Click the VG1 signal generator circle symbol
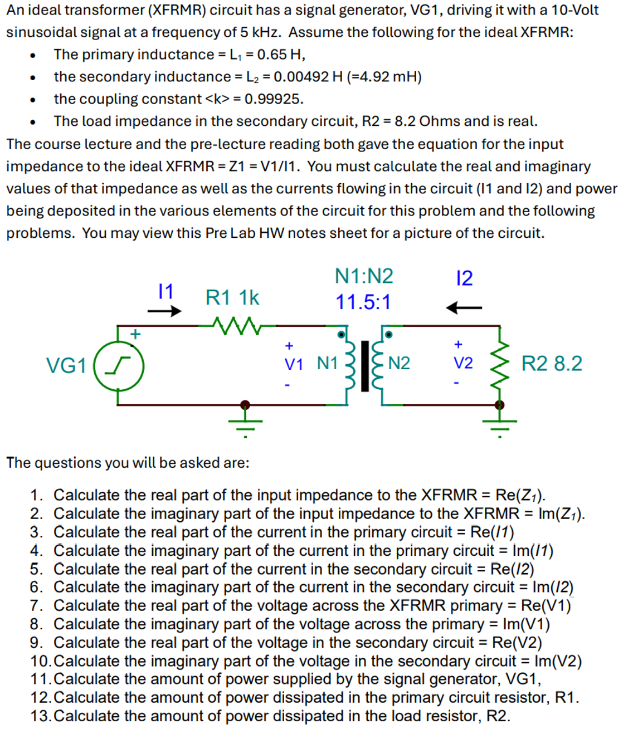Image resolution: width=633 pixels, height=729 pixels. click(119, 366)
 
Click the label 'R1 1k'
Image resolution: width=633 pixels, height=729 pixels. click(232, 298)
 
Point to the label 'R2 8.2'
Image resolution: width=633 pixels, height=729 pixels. click(552, 364)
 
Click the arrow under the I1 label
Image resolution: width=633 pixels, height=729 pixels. click(164, 311)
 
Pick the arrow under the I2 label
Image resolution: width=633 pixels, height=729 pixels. click(464, 307)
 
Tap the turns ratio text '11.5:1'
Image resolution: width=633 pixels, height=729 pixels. click(363, 302)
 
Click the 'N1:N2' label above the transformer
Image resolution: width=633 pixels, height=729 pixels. click(364, 276)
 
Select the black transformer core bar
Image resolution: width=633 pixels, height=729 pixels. click(365, 365)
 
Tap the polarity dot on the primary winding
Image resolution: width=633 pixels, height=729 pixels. click(341, 334)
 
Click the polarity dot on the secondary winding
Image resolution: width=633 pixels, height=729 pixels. click(388, 334)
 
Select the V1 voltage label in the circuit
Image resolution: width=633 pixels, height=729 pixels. click(294, 364)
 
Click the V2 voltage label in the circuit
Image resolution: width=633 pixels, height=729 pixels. click(463, 363)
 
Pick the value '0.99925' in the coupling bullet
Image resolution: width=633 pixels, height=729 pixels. click(274, 99)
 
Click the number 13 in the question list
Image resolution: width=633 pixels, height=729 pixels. click(41, 716)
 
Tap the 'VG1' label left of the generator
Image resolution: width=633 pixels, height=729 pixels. click(66, 366)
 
